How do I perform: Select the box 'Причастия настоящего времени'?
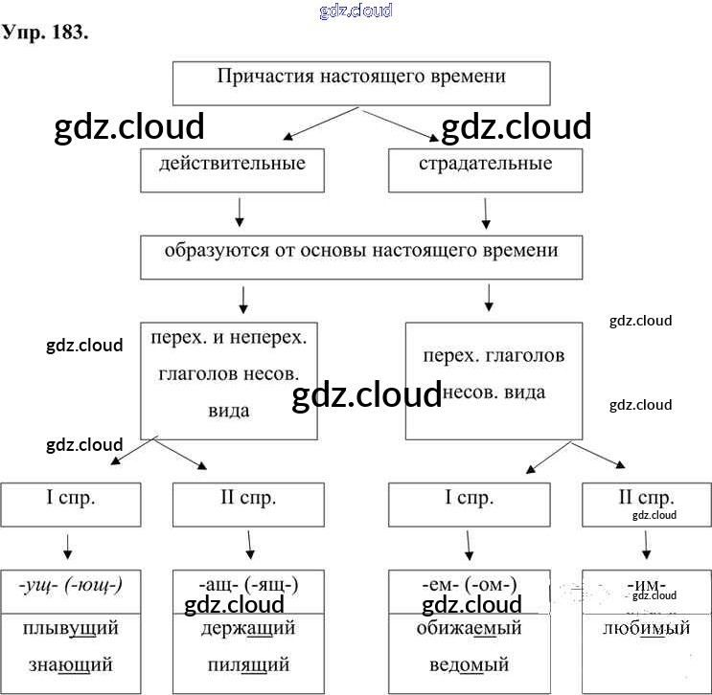click(361, 83)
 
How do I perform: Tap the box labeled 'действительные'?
click(233, 169)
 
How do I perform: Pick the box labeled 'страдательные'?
click(485, 169)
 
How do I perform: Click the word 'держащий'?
click(248, 629)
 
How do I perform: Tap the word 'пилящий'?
click(248, 663)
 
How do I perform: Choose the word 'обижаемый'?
click(470, 629)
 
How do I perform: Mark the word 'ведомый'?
click(470, 663)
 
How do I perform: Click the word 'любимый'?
click(646, 629)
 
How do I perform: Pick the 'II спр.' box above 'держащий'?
click(248, 504)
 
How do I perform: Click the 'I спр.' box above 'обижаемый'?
click(470, 504)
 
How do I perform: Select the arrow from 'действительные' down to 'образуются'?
click(240, 212)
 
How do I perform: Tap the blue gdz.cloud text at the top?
click(355, 11)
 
